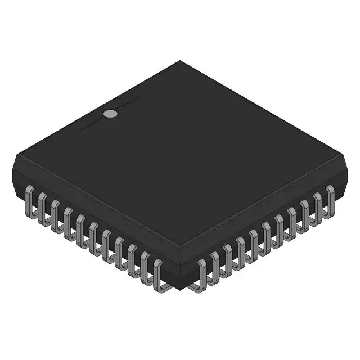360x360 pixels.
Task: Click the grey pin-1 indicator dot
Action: (111, 113)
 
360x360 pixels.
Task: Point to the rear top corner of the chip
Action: (180, 60)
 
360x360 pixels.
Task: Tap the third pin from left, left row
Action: (55, 214)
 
